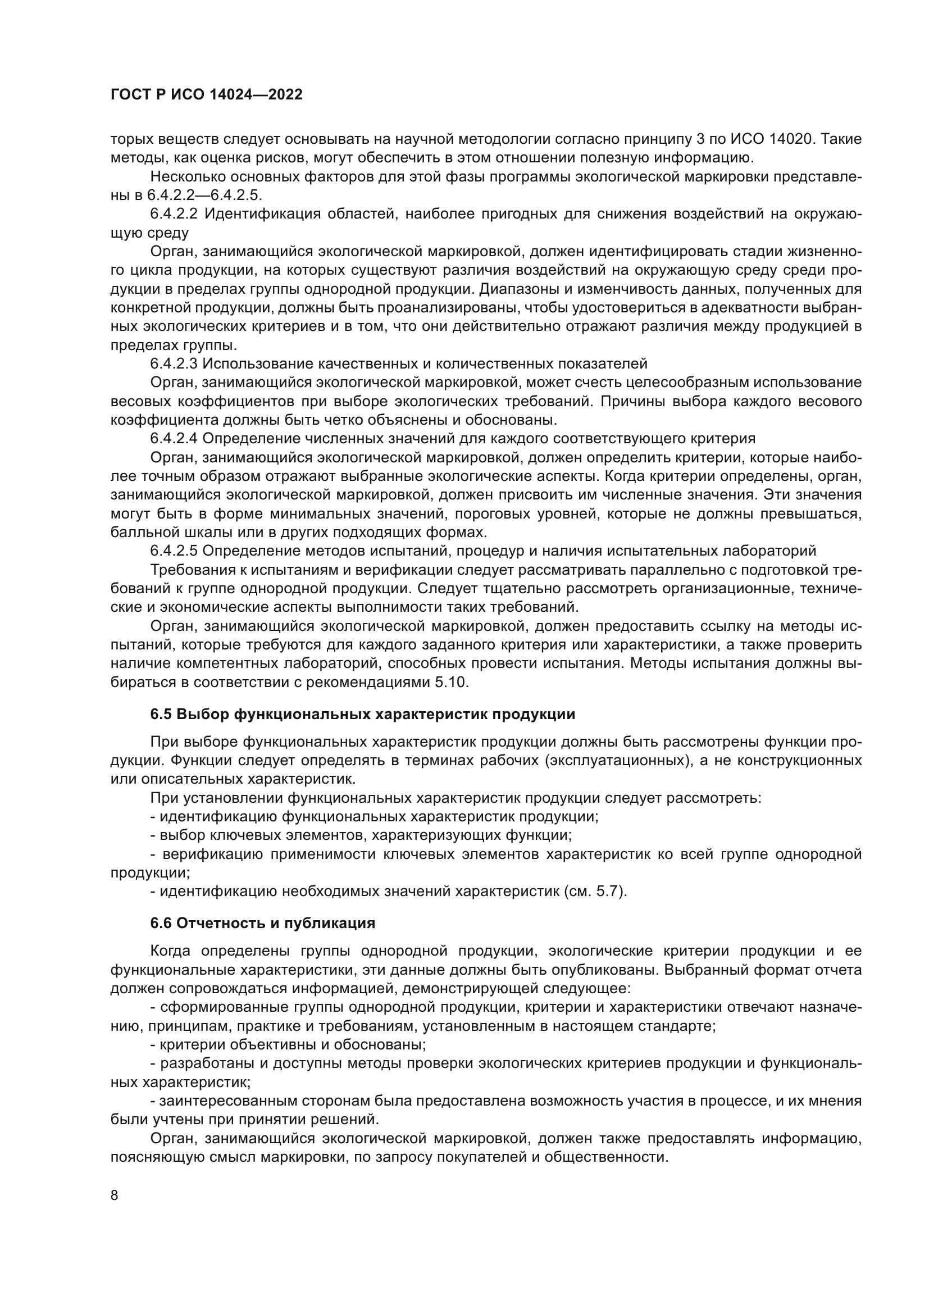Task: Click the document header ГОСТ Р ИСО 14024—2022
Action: click(207, 95)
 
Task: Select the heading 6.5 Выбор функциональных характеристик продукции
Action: click(363, 714)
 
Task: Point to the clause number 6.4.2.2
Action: click(174, 214)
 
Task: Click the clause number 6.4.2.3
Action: click(174, 363)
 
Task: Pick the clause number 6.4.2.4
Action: click(174, 438)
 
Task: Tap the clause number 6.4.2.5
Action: click(174, 551)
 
